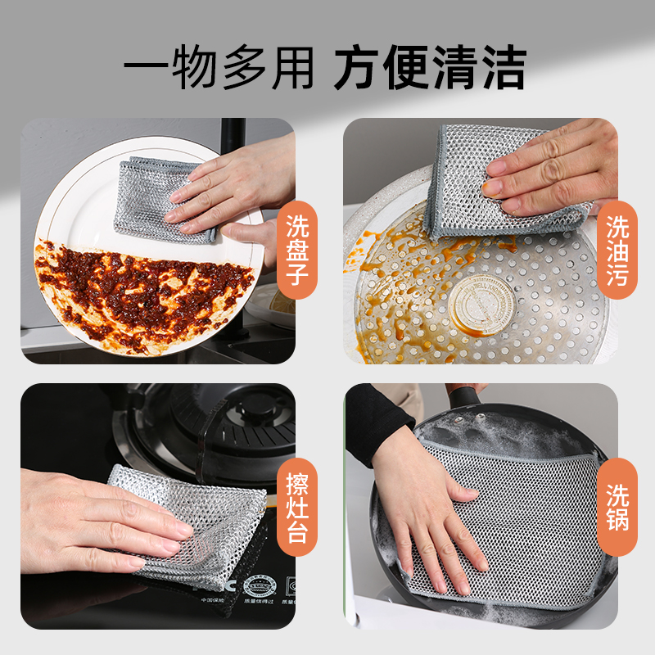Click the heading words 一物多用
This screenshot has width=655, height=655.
[219, 67]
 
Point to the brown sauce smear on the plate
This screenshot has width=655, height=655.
[139, 291]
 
